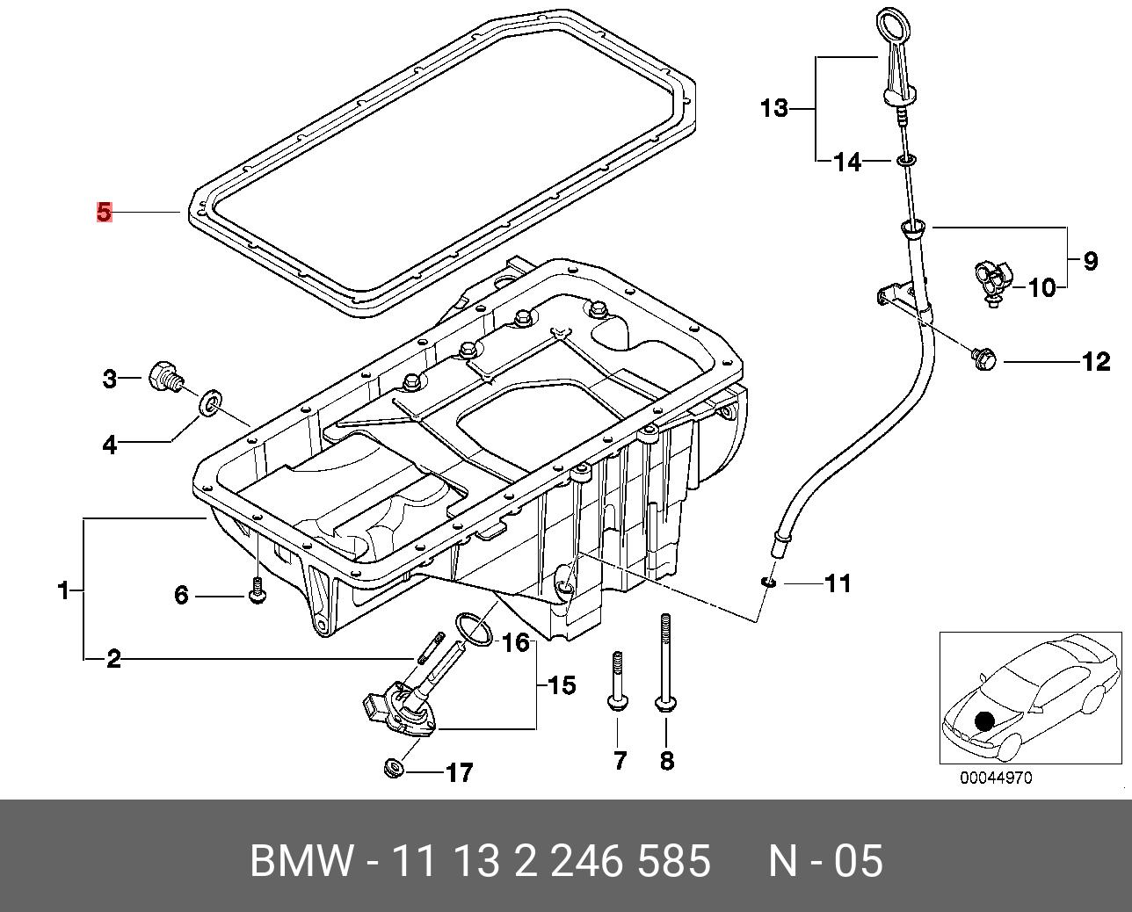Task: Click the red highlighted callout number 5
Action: (105, 213)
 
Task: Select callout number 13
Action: (774, 108)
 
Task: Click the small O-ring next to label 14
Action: (905, 160)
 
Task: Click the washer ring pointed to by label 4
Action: (211, 401)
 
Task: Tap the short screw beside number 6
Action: (257, 591)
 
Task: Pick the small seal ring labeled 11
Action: (768, 583)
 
